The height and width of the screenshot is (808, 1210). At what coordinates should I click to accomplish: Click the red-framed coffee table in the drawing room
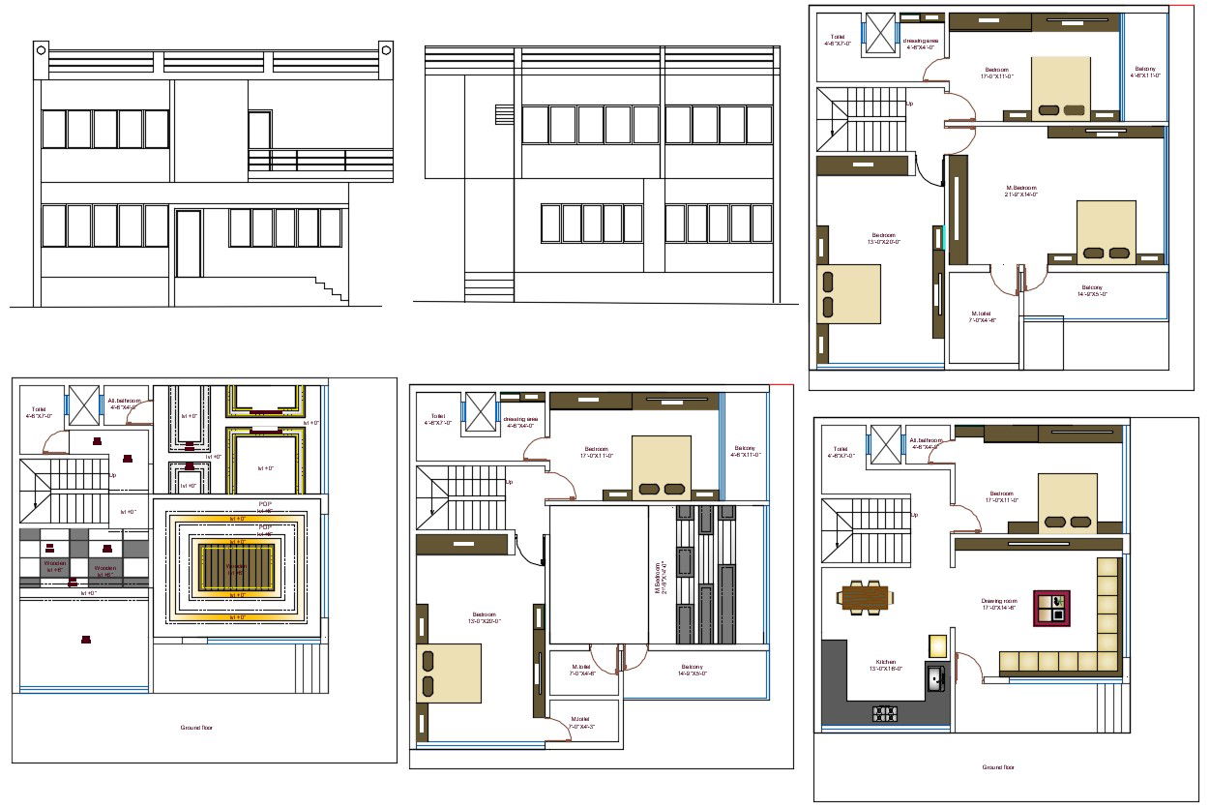pyautogui.click(x=1051, y=608)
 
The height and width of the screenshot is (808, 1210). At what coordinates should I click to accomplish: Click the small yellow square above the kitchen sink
pyautogui.click(x=937, y=645)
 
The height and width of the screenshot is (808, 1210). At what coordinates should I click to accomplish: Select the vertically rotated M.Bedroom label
pyautogui.click(x=659, y=580)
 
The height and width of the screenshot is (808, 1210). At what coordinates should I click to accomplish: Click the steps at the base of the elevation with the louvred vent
pyautogui.click(x=489, y=286)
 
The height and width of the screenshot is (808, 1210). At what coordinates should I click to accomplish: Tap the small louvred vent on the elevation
pyautogui.click(x=503, y=113)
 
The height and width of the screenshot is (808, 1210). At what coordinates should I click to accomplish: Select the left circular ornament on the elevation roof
pyautogui.click(x=41, y=47)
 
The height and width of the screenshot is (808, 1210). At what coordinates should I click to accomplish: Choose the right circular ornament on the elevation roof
pyautogui.click(x=385, y=47)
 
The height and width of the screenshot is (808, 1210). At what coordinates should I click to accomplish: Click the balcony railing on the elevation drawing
pyautogui.click(x=320, y=161)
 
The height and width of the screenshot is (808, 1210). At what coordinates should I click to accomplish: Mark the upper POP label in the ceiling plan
pyautogui.click(x=265, y=504)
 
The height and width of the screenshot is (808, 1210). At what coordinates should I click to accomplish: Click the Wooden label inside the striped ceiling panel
pyautogui.click(x=236, y=568)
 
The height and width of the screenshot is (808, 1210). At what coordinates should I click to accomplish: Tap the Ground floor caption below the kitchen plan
pyautogui.click(x=998, y=767)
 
